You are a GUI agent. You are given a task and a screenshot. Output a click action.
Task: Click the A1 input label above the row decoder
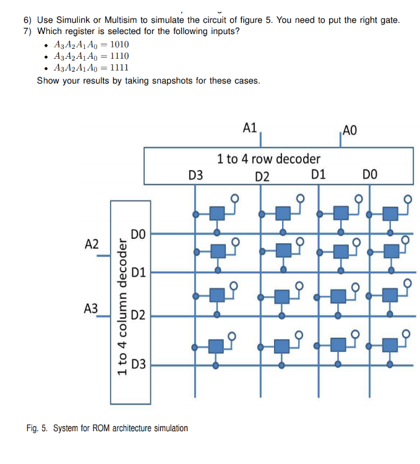coord(250,128)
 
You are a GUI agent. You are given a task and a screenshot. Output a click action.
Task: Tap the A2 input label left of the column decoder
coord(92,244)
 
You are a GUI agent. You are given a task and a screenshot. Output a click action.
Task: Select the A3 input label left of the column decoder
coord(92,307)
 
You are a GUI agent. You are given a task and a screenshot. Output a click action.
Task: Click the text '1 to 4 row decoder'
coord(268,159)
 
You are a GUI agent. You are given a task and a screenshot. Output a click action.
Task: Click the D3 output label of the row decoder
coord(195,176)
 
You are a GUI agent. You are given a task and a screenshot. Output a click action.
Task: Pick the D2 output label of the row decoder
coord(262,176)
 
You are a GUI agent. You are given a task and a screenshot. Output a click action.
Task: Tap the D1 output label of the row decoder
coord(319,175)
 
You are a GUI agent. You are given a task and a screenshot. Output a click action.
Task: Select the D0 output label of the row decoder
coord(369,176)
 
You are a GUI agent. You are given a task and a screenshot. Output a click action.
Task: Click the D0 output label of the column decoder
coord(139,234)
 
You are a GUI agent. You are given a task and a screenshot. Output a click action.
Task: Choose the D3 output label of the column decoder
coord(139,364)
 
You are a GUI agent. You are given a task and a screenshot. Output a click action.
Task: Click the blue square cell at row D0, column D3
coord(216,214)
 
